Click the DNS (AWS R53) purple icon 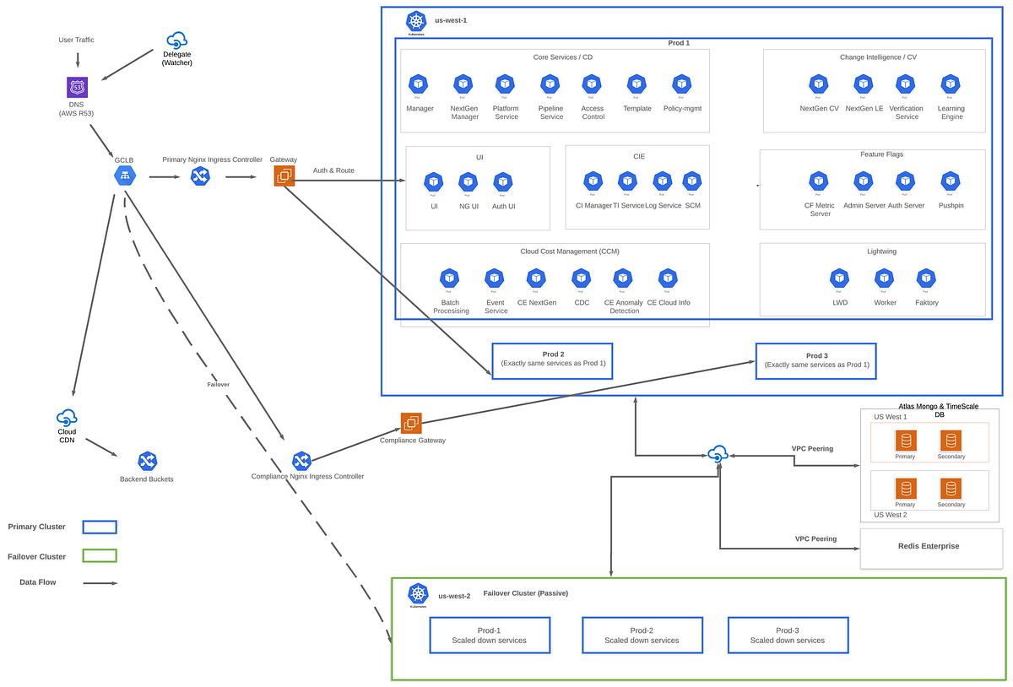pyautogui.click(x=78, y=87)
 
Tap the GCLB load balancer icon pyautogui.click(x=125, y=176)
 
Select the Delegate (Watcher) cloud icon pyautogui.click(x=177, y=40)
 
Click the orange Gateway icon pyautogui.click(x=284, y=176)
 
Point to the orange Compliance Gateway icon pyautogui.click(x=411, y=423)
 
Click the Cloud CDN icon pyautogui.click(x=67, y=417)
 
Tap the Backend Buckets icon pyautogui.click(x=148, y=461)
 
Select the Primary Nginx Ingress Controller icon pyautogui.click(x=200, y=176)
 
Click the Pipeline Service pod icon pyautogui.click(x=550, y=84)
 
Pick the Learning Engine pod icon pyautogui.click(x=951, y=84)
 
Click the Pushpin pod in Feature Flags pyautogui.click(x=951, y=181)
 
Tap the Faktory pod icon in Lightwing pyautogui.click(x=926, y=279)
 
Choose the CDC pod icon pyautogui.click(x=581, y=279)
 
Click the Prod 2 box pyautogui.click(x=552, y=361)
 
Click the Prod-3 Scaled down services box pyautogui.click(x=788, y=636)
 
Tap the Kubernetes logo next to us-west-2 pyautogui.click(x=418, y=593)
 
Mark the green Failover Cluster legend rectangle pyautogui.click(x=100, y=555)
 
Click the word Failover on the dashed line pyautogui.click(x=218, y=384)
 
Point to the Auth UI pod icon pyautogui.click(x=503, y=181)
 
